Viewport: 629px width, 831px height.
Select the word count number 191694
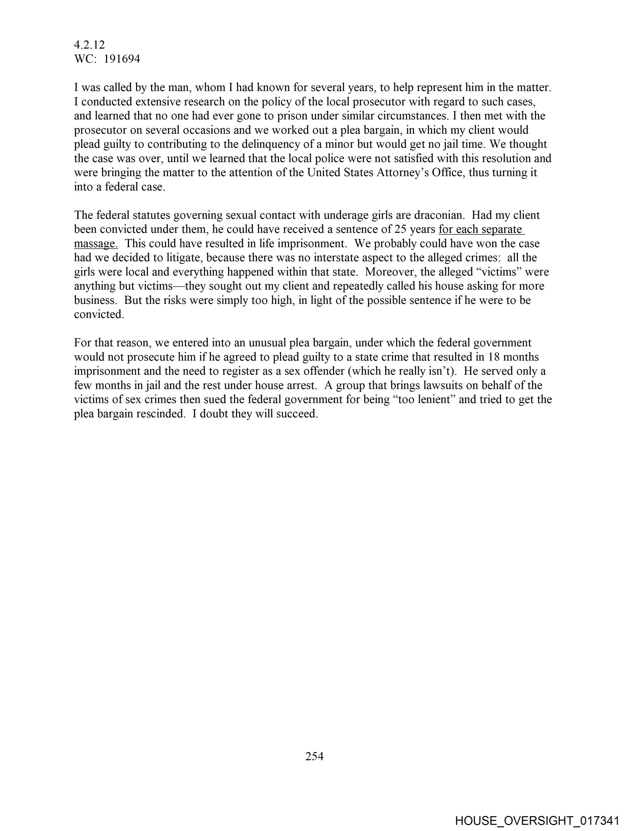(122, 59)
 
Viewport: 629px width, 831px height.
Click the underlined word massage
(95, 243)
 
